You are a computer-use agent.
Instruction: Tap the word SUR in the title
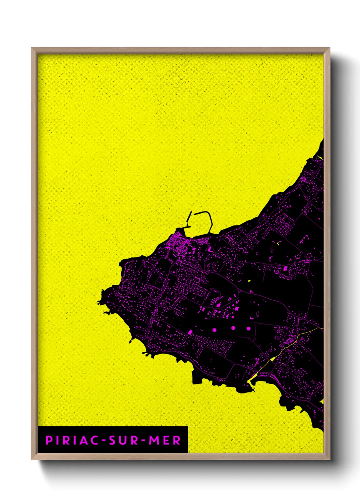(x=124, y=440)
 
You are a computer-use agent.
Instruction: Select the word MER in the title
(x=165, y=440)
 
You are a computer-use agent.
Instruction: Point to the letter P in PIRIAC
(x=49, y=440)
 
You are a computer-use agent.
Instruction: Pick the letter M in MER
(x=153, y=440)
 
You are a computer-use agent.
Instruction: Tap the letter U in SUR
(x=124, y=440)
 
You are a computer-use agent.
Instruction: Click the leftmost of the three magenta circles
(x=214, y=330)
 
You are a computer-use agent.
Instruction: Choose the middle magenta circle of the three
(x=233, y=328)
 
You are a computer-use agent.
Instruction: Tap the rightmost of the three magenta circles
(x=249, y=329)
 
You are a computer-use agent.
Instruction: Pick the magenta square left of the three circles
(x=190, y=332)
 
